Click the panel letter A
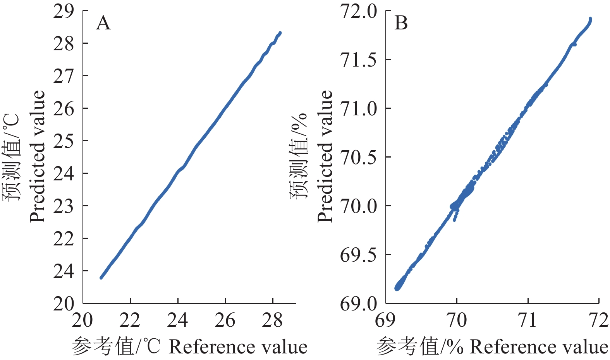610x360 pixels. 103,23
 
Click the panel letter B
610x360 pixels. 401,23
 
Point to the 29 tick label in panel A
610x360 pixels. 64,12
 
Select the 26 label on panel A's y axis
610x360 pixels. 64,109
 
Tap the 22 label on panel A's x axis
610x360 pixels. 130,321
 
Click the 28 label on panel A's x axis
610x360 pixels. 272,321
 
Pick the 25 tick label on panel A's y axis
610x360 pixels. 64,142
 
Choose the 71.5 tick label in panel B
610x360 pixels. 358,60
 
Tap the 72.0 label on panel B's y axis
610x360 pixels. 358,12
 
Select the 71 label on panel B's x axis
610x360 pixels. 528,321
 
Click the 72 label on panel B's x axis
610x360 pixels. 598,321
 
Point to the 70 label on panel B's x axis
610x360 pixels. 457,321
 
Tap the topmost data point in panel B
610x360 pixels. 590,19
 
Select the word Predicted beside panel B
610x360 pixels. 325,156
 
